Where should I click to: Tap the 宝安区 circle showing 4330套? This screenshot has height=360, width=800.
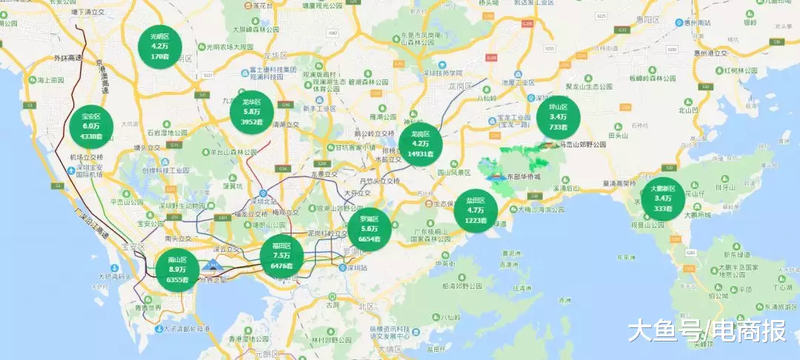coord(91,127)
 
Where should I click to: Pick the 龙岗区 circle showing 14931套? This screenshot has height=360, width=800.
coord(420,144)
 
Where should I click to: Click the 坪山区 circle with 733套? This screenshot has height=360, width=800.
coord(558,117)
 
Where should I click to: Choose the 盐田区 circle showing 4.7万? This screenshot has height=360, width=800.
coord(476,210)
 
